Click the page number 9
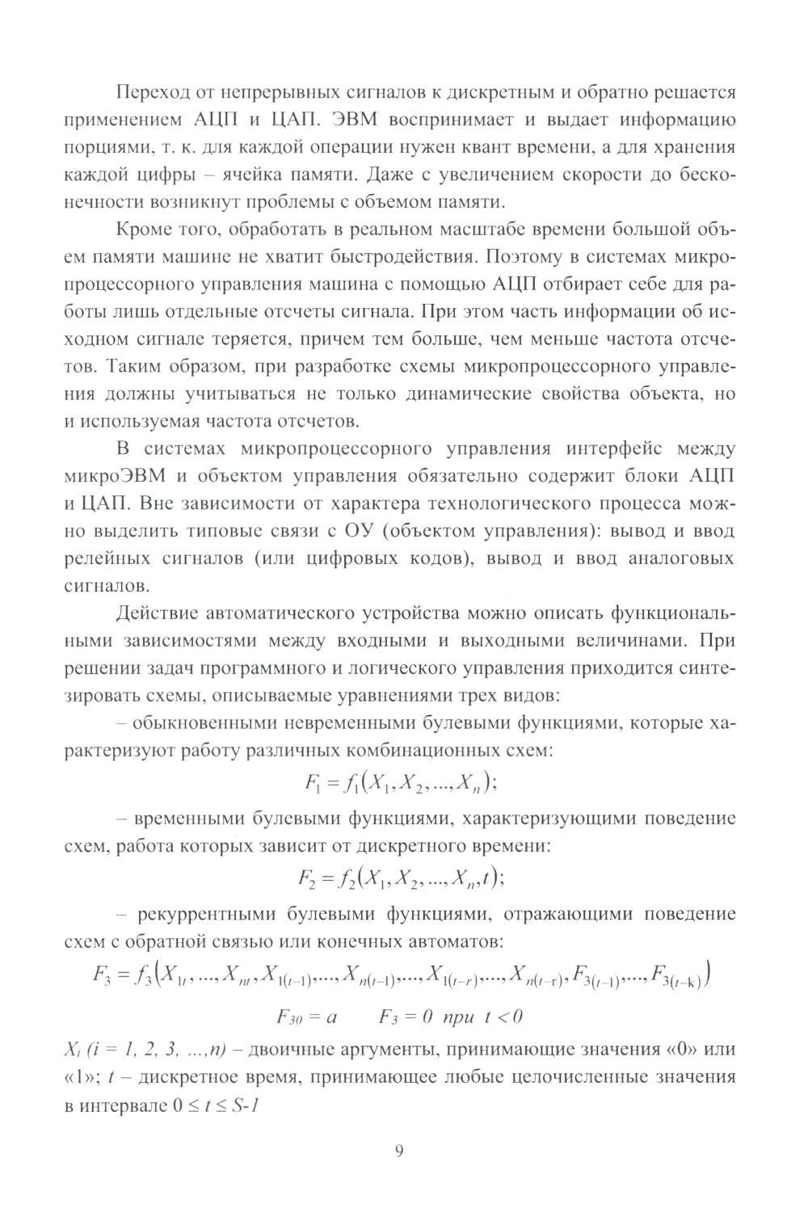(x=398, y=1150)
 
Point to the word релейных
(x=110, y=559)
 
